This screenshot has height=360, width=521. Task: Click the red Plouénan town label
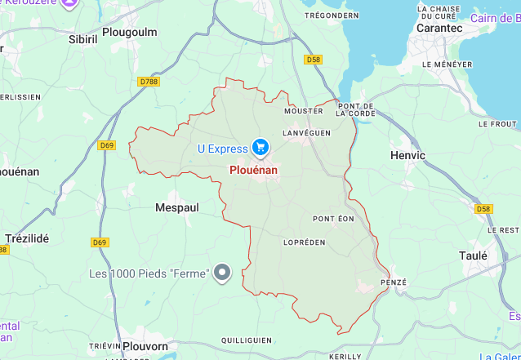[x=253, y=170]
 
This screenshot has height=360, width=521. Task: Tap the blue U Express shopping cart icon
[x=260, y=148]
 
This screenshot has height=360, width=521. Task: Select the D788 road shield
[x=149, y=82]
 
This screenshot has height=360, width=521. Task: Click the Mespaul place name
[x=177, y=207]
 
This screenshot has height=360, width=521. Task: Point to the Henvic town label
[x=407, y=155]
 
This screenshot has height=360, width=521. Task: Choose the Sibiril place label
[x=82, y=38]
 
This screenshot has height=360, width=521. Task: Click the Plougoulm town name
[x=128, y=32]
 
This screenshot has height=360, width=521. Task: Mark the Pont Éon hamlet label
[x=333, y=219]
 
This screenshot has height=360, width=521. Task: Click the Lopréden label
[x=304, y=242]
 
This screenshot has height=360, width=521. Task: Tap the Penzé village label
[x=394, y=282]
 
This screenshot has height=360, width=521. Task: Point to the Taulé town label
[x=473, y=256]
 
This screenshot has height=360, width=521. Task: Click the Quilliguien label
[x=246, y=340]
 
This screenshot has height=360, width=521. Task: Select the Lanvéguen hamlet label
[x=305, y=132]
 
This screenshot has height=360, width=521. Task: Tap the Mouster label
[x=298, y=111]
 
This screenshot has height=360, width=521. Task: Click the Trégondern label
[x=332, y=15]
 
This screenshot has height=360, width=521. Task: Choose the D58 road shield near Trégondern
[x=313, y=60]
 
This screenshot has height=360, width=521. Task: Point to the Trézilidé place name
[x=27, y=238]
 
